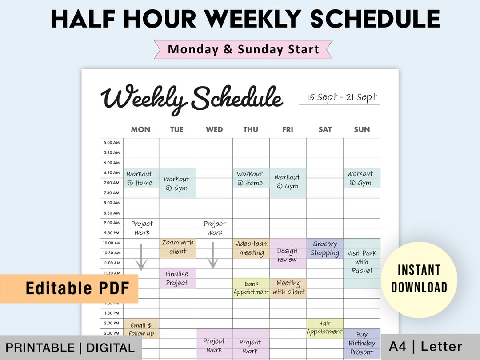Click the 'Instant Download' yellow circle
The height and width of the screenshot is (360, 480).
[x=419, y=279]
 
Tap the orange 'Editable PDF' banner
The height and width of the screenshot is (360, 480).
[x=69, y=288]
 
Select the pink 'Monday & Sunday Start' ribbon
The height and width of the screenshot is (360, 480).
[x=243, y=49]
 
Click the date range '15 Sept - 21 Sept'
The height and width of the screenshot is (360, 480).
[x=341, y=97]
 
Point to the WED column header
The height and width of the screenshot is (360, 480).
[x=214, y=129]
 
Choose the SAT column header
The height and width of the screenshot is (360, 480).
[x=325, y=129]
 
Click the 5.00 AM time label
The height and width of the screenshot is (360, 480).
[x=112, y=143]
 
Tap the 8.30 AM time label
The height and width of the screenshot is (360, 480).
[x=112, y=213]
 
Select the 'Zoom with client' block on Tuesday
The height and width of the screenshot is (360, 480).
[x=177, y=248]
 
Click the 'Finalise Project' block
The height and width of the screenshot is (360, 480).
[x=177, y=278]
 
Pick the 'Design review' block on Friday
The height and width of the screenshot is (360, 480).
[x=288, y=254]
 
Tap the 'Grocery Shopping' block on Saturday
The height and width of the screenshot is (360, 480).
[x=325, y=248]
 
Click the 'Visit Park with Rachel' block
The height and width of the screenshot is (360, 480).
[x=362, y=262]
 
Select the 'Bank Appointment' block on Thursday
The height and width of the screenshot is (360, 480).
[x=251, y=288]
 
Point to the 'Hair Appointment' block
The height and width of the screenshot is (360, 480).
[x=325, y=328]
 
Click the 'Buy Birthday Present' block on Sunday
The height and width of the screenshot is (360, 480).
[x=362, y=343]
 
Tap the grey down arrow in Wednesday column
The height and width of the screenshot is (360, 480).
[x=213, y=256]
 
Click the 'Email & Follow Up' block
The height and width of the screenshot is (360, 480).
[x=141, y=329]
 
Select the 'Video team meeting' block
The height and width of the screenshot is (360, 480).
[x=252, y=248]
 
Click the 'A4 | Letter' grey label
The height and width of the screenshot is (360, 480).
[x=425, y=347]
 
